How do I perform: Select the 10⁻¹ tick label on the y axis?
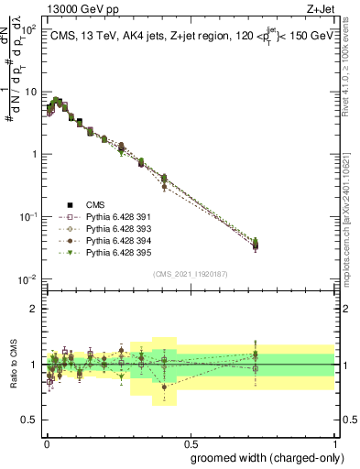pyautogui.click(x=30, y=216)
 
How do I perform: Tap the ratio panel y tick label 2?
pyautogui.click(x=35, y=309)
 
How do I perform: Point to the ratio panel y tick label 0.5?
pyautogui.click(x=31, y=420)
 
